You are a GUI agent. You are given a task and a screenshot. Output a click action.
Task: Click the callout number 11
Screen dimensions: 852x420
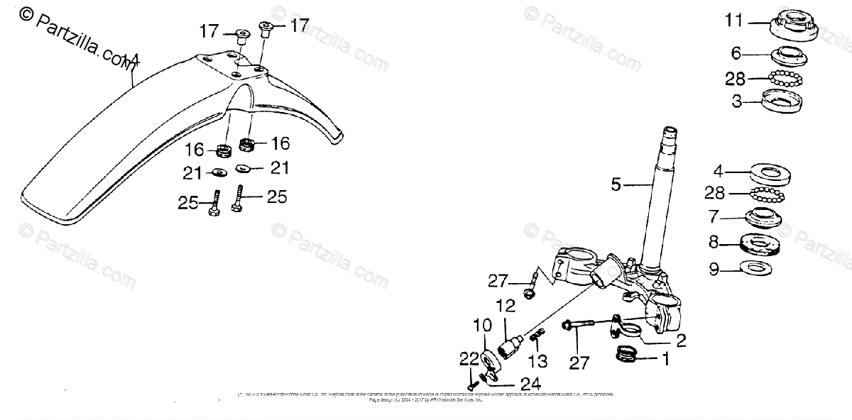(x=733, y=21)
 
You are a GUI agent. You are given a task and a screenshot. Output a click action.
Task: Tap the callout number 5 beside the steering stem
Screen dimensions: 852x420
(x=616, y=185)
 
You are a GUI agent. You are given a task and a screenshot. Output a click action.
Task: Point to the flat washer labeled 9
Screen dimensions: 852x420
(x=756, y=268)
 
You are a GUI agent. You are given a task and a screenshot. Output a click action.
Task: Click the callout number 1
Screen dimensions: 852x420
(x=665, y=360)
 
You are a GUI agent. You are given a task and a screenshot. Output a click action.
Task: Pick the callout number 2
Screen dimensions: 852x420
(x=680, y=341)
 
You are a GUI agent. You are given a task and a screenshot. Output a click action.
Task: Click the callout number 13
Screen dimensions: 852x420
(x=537, y=361)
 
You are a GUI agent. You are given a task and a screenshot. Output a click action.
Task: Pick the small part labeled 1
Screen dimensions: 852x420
(x=627, y=353)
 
